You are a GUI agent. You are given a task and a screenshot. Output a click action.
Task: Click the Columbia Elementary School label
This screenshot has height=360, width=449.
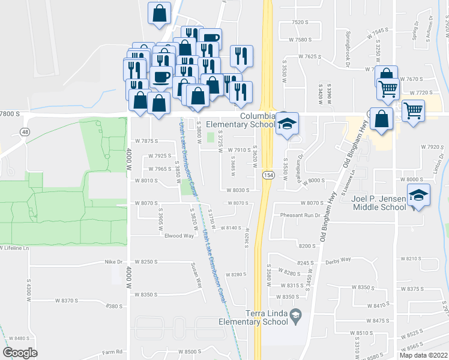click(x=240, y=120)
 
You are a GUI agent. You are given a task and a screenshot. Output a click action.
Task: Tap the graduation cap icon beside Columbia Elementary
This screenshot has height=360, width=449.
click(x=287, y=123)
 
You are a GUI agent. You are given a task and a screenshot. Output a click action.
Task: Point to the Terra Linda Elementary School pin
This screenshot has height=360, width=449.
click(x=295, y=314)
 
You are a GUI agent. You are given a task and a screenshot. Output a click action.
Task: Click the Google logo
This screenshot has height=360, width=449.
click(x=20, y=353)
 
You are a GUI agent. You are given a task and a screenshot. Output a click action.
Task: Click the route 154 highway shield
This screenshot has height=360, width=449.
click(x=265, y=174)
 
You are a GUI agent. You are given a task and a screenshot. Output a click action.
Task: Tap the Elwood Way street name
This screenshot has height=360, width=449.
click(x=179, y=236)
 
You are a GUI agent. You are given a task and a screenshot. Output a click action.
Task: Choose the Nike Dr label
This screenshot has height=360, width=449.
click(x=113, y=262)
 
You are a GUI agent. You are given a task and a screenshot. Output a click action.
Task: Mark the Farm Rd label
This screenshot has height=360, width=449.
click(x=112, y=352)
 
